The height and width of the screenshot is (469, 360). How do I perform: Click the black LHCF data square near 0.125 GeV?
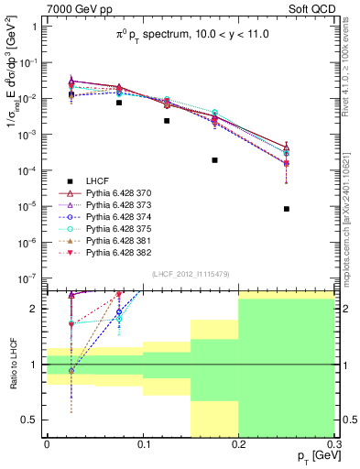click(x=167, y=121)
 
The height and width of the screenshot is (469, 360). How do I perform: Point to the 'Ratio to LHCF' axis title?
click(x=12, y=365)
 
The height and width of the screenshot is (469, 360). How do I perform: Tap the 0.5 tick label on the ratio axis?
click(x=30, y=420)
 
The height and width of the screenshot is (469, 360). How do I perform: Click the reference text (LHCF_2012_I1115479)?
click(x=190, y=275)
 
